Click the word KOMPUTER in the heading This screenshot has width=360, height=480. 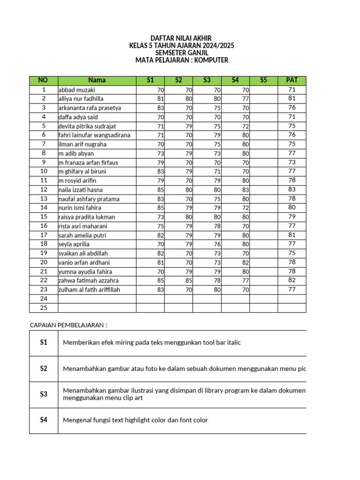tap(212, 60)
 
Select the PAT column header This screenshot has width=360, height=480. tap(292, 80)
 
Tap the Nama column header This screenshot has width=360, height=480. tap(97, 80)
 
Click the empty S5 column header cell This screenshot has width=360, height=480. tap(263, 80)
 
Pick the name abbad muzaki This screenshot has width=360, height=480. tap(76, 90)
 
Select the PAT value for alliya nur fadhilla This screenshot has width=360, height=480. tap(292, 98)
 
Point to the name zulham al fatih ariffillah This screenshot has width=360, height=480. tap(89, 290)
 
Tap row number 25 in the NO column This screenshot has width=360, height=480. tap(44, 307)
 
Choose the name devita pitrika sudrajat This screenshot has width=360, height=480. tap(87, 126)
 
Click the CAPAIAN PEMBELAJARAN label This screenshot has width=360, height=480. tap(68, 325)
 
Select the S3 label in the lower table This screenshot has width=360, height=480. tap(44, 394)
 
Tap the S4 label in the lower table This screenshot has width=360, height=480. tap(44, 420)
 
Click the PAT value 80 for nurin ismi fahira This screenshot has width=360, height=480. tap(292, 208)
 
